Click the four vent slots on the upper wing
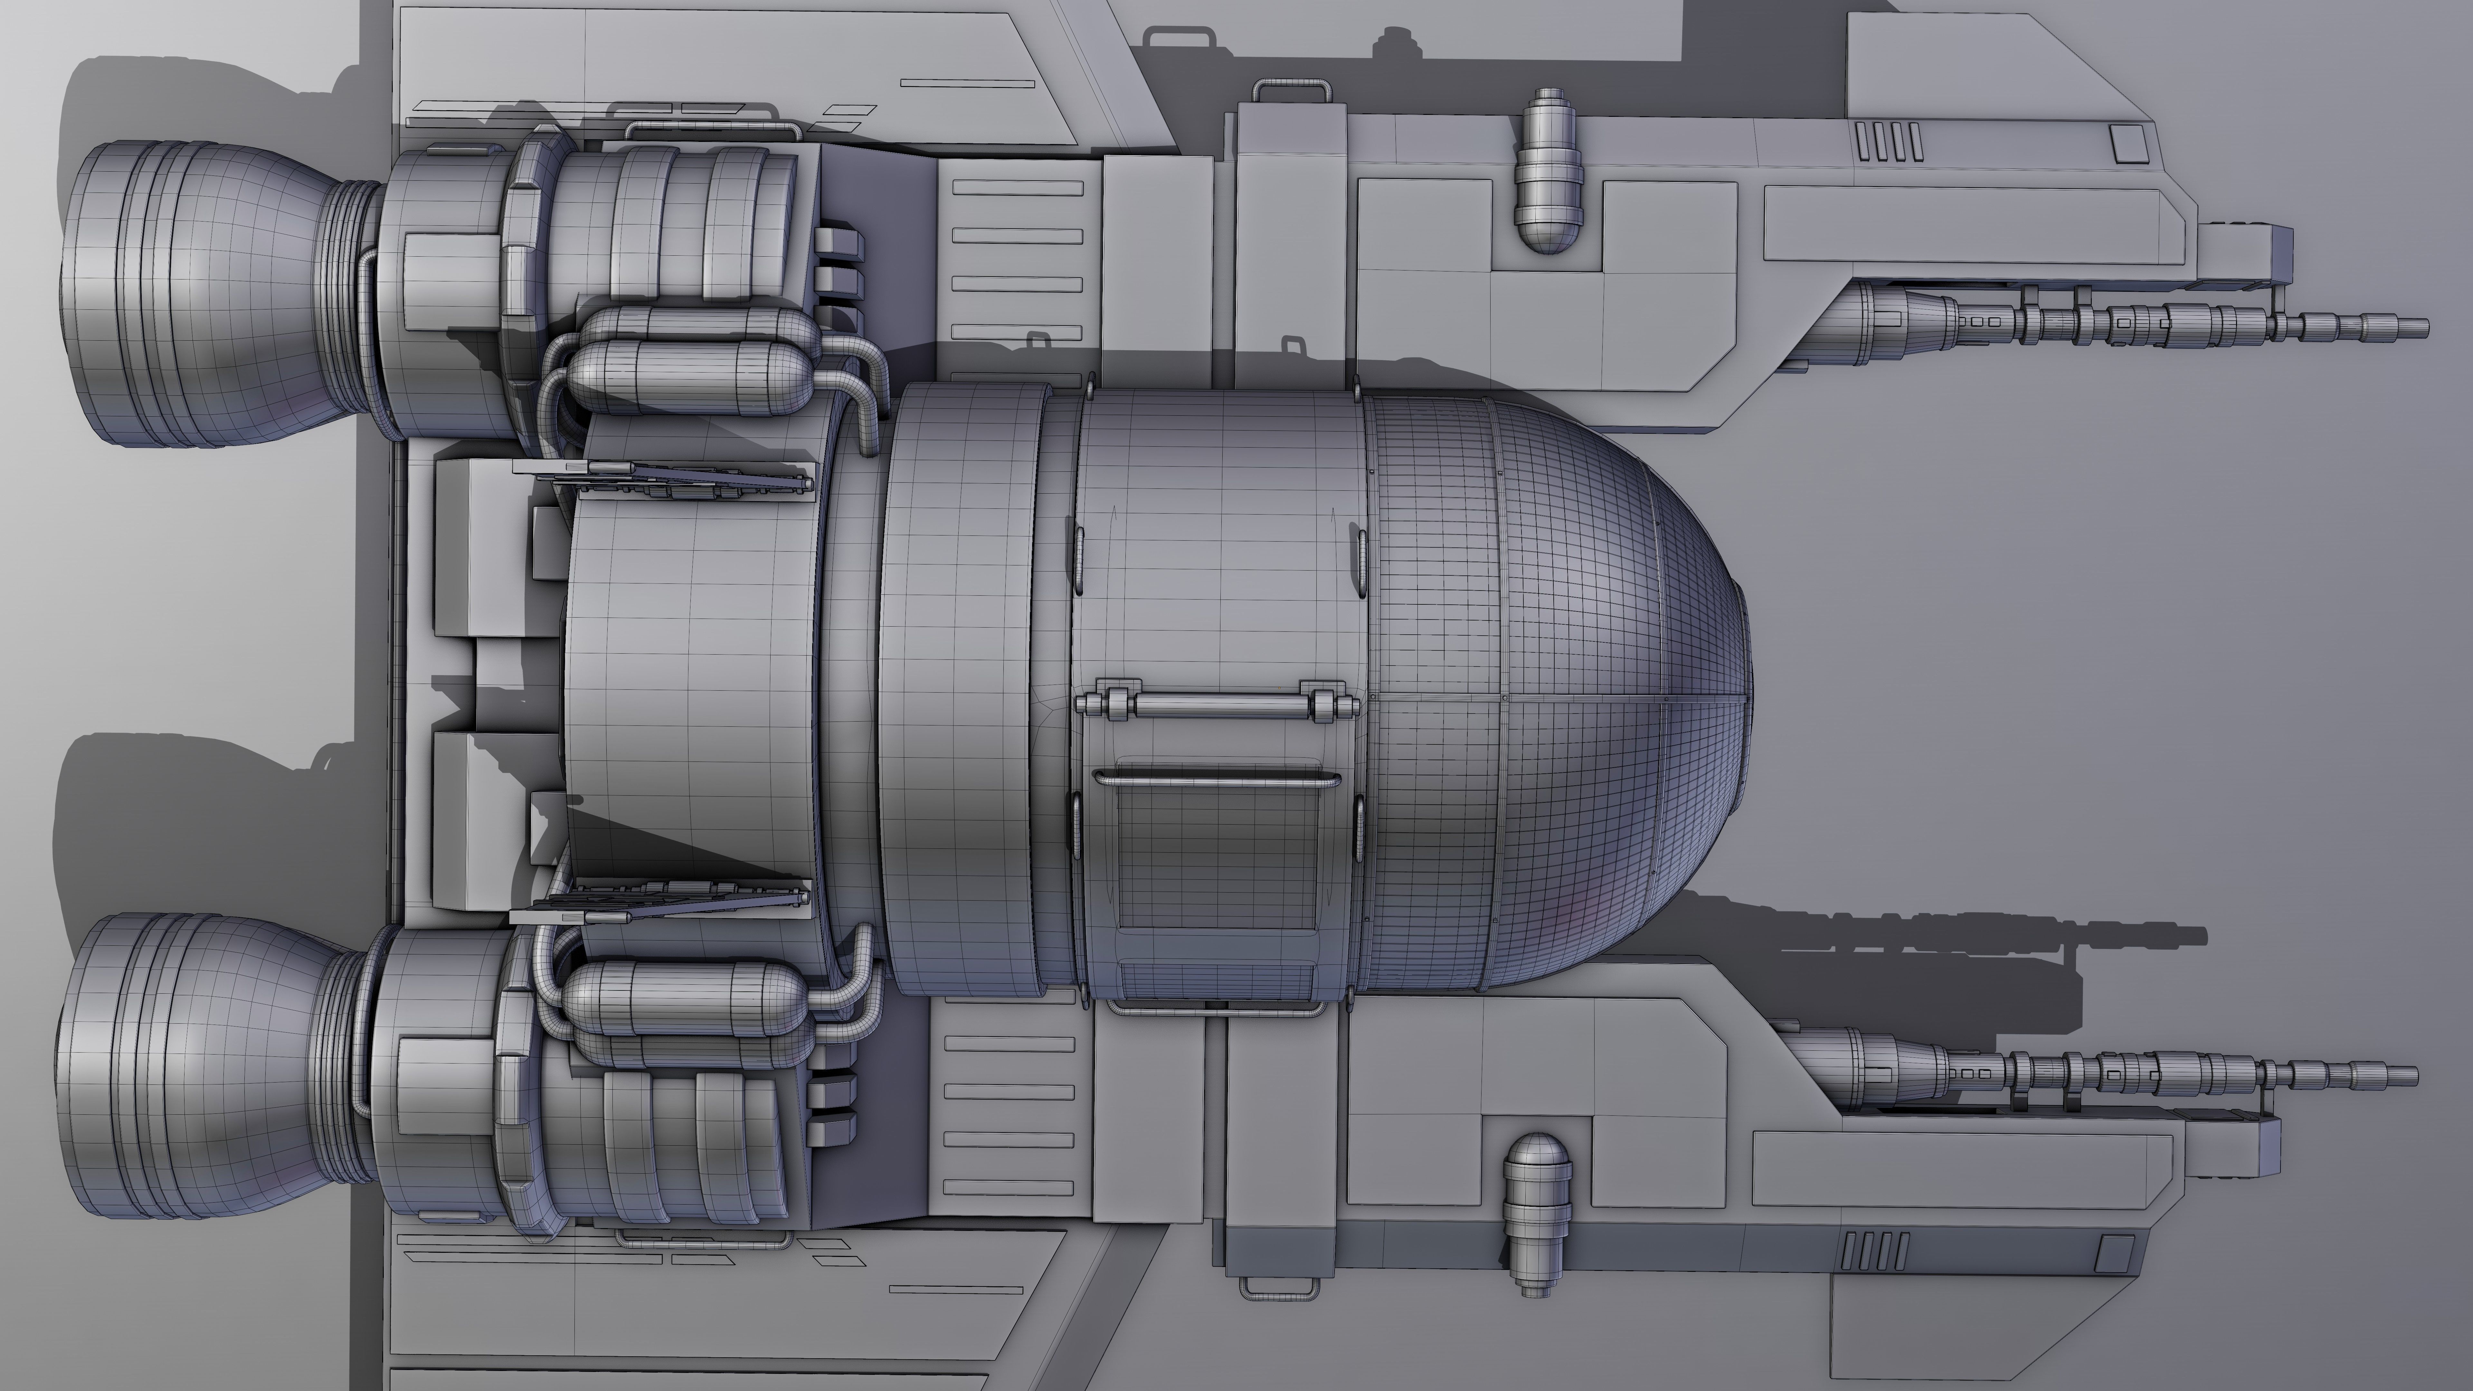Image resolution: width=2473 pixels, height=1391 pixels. point(1888,141)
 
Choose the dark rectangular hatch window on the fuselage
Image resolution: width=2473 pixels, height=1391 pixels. point(1217,854)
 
